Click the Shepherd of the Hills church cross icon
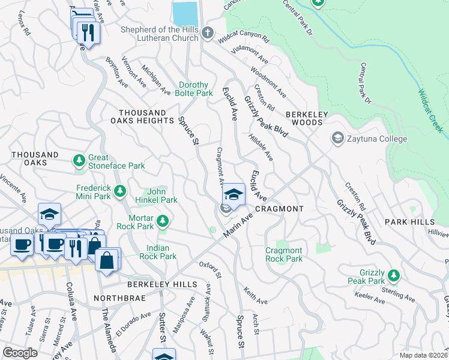208,33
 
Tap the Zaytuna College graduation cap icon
338,139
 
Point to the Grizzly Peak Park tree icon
393,275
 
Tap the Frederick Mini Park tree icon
120,191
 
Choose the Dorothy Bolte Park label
194,89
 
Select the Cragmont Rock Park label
284,254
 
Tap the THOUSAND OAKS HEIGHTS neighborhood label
146,116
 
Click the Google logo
20,352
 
